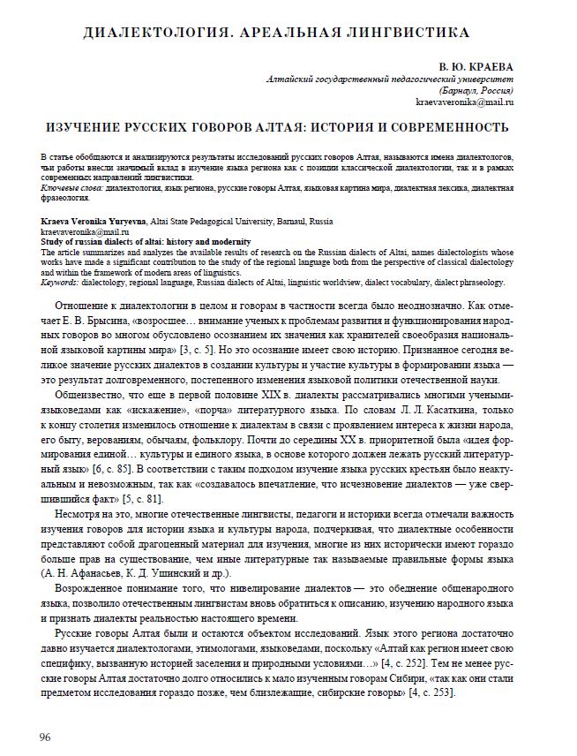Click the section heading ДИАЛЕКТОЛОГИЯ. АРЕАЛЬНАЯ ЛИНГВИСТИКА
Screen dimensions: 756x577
(276, 33)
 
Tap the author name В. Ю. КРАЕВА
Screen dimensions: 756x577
(476, 67)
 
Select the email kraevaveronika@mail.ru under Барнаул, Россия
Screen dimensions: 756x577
(464, 102)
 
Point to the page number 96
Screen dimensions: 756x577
(45, 736)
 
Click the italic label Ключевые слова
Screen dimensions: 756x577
(72, 188)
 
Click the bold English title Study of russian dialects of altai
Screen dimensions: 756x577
(145, 241)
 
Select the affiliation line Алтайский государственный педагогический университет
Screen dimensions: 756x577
(389, 79)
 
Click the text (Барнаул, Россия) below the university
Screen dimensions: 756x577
(476, 91)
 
